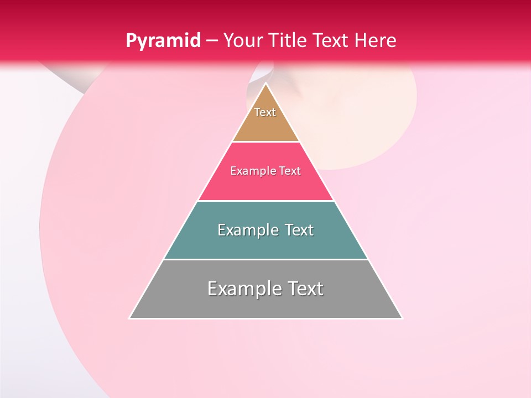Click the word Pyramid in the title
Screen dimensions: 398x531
point(163,41)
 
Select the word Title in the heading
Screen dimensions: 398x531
point(290,41)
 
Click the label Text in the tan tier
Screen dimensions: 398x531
point(265,112)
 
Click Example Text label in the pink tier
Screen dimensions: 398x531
point(265,171)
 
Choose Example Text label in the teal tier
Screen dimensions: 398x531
point(265,230)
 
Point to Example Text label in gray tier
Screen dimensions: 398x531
point(265,289)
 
